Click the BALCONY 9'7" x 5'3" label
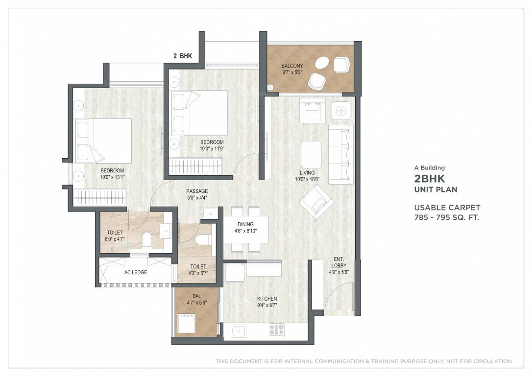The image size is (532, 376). tap(292, 69)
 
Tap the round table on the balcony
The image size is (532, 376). tap(322, 63)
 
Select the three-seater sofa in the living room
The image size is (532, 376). tap(341, 154)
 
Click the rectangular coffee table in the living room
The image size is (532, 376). tap(311, 155)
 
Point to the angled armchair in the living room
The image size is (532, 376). tap(316, 201)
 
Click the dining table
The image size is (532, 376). tap(246, 229)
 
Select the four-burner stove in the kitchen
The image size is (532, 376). tap(276, 330)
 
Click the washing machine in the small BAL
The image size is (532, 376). tap(187, 324)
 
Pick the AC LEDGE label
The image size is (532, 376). tap(136, 272)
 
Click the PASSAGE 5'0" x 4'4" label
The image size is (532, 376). tap(197, 194)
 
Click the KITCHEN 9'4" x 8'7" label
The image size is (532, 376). tap(267, 302)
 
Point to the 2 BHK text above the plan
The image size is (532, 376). tap(183, 56)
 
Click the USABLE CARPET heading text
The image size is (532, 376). tap(447, 208)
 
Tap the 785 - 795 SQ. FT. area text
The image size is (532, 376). tap(446, 217)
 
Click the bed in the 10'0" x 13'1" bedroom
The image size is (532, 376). tap(103, 141)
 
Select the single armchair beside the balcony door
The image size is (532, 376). tap(312, 111)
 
